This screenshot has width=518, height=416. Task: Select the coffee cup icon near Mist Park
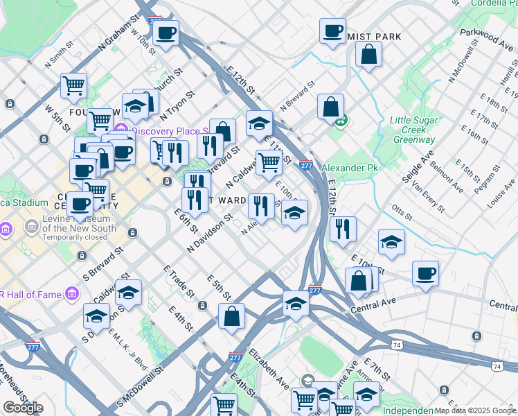[332, 31]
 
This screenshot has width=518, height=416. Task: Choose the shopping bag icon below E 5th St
[231, 317]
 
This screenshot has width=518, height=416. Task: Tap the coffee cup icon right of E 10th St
[425, 273]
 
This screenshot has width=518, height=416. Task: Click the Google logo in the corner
[23, 408]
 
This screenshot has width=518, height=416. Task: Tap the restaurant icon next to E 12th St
[343, 229]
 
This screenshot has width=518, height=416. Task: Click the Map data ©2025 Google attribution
[475, 410]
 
